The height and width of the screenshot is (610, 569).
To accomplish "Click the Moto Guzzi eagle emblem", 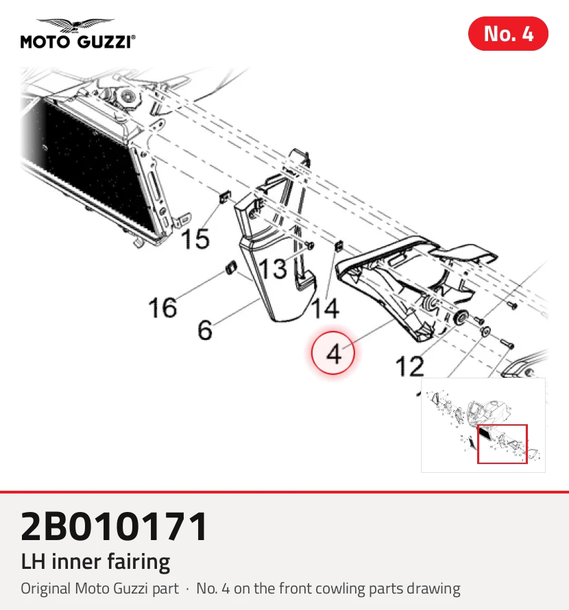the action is click(x=76, y=25).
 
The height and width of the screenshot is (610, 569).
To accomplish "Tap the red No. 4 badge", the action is click(x=508, y=34).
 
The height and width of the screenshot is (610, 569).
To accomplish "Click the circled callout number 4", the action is click(x=333, y=353).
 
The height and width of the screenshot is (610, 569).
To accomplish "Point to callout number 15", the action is click(x=195, y=238).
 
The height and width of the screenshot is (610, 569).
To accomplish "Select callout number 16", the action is click(x=162, y=307).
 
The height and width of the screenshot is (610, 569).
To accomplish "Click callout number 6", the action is click(x=205, y=330).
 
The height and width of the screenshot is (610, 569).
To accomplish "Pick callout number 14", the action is click(x=326, y=309).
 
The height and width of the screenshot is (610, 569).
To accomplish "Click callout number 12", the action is click(x=409, y=367).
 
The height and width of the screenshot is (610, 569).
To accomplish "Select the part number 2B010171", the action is click(x=114, y=526).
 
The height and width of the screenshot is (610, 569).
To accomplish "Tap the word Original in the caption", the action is click(x=46, y=589).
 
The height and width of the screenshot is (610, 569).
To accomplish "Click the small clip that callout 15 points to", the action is click(x=225, y=197).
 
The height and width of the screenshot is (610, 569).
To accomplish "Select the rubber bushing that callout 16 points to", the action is click(x=232, y=267).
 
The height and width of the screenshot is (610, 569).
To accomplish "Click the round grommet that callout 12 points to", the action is click(x=461, y=317).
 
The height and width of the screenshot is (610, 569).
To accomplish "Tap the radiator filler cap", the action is click(x=128, y=95).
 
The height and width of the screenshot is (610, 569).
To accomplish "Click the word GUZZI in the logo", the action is click(x=105, y=41).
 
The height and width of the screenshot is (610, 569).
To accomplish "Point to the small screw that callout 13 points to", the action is click(x=310, y=245).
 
